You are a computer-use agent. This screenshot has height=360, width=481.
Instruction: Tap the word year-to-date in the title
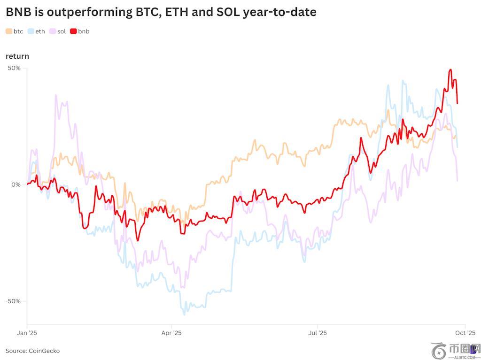(x=279, y=12)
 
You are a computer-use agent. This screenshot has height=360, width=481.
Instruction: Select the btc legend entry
(x=15, y=31)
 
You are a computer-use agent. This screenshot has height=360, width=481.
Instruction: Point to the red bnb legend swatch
(x=73, y=31)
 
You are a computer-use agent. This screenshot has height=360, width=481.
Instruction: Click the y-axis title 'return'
(x=17, y=56)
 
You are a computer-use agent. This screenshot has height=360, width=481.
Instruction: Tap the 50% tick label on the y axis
(x=14, y=68)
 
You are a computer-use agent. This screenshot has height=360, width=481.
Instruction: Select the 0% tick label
(x=16, y=184)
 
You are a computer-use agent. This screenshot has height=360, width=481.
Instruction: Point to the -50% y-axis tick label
(x=13, y=301)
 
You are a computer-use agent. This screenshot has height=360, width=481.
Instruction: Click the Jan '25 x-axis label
(x=27, y=333)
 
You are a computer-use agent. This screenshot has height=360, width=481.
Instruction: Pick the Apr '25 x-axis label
(x=171, y=333)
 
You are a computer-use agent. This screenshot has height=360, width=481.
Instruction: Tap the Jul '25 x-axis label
(x=317, y=333)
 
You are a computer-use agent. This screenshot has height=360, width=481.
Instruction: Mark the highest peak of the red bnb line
(x=450, y=70)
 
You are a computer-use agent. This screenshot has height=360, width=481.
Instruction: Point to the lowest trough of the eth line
(x=185, y=314)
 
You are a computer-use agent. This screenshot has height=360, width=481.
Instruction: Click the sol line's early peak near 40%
(x=56, y=95)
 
